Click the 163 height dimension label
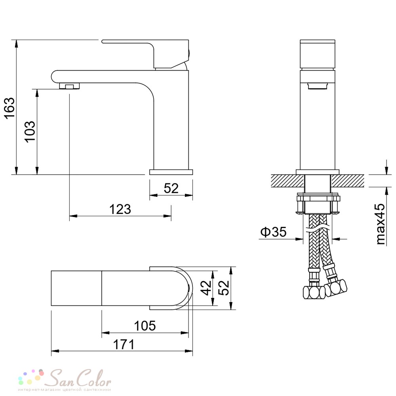point(10,108)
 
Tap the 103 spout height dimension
point(30,131)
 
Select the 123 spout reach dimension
point(120,209)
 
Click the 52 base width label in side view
point(171,188)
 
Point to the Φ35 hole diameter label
point(273,232)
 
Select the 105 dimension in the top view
point(145,326)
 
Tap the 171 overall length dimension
point(124,345)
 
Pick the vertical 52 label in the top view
point(224,287)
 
